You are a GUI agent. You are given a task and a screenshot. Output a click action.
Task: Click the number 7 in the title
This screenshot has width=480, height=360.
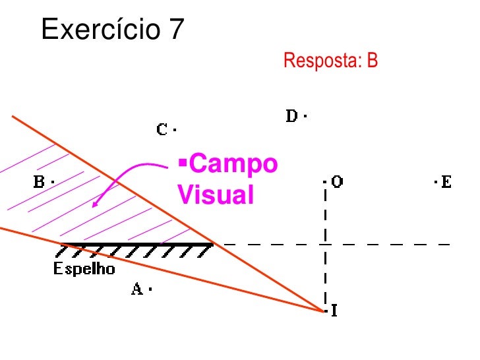click(x=176, y=29)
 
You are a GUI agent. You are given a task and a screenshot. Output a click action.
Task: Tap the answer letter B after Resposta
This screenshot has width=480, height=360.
click(x=373, y=61)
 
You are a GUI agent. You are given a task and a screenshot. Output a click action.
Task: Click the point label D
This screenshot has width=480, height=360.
click(x=292, y=117)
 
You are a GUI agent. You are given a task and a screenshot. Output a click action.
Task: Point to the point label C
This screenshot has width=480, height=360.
click(x=163, y=129)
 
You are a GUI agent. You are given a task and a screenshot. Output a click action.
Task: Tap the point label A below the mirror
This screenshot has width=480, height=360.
click(x=136, y=289)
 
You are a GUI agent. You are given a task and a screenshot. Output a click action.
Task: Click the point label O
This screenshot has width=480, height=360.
click(x=337, y=181)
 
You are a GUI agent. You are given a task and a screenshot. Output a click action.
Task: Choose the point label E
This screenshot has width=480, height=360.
click(x=447, y=181)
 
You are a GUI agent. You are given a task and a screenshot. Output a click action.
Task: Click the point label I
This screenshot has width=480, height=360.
click(x=334, y=310)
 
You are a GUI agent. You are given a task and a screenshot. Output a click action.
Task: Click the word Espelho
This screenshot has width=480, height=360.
click(x=84, y=269)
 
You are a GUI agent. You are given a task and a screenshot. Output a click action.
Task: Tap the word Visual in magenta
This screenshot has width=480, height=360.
click(x=216, y=195)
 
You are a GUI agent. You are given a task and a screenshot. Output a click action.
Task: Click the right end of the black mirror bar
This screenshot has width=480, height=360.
click(x=212, y=245)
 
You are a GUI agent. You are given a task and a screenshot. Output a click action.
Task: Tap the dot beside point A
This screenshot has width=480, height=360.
click(x=151, y=289)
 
